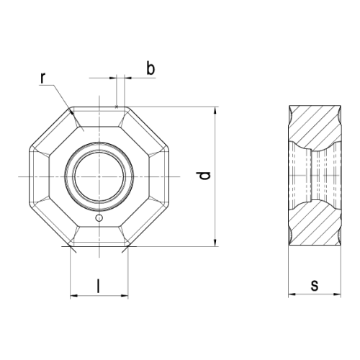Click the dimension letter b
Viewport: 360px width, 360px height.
click(x=150, y=69)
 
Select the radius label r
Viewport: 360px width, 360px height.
click(x=42, y=78)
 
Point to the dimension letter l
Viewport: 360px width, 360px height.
click(x=98, y=286)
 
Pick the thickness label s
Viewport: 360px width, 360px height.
click(x=314, y=286)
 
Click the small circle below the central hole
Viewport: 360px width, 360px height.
click(x=99, y=218)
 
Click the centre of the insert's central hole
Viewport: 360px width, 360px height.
click(x=99, y=176)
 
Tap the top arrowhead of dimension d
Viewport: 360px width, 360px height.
click(x=215, y=110)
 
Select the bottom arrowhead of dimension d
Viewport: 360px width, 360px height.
click(x=215, y=243)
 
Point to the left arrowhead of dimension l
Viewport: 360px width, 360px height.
click(x=74, y=296)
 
